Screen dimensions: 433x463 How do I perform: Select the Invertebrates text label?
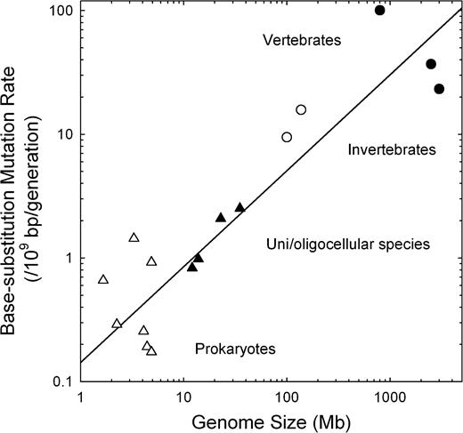click(x=391, y=150)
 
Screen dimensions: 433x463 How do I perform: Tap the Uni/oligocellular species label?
click(x=348, y=244)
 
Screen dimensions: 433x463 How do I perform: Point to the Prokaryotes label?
click(x=235, y=349)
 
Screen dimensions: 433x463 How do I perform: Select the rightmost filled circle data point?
click(x=439, y=89)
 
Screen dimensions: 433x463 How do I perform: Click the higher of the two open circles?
click(x=301, y=109)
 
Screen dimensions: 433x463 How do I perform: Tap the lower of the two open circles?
click(x=287, y=137)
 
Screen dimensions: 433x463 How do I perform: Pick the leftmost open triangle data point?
click(x=103, y=280)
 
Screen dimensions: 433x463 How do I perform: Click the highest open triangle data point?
click(x=134, y=237)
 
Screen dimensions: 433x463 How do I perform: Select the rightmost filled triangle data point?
click(x=240, y=207)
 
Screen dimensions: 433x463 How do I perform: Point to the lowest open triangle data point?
click(x=151, y=351)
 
